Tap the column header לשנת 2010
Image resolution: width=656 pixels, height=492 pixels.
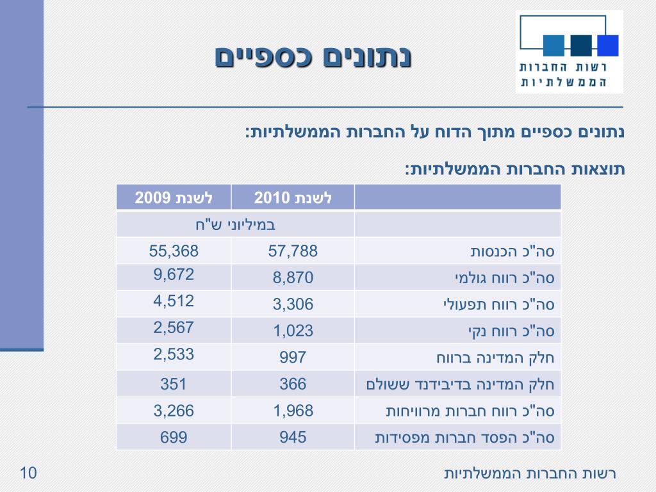293,197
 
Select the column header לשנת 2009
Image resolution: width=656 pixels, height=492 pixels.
174,197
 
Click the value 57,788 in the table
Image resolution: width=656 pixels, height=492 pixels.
293,251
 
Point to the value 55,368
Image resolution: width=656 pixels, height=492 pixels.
174,251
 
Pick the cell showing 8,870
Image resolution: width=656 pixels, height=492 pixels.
293,278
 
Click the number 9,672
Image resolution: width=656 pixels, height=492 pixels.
174,275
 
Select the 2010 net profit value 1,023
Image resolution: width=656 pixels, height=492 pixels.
293,331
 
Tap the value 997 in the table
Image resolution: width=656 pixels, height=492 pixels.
293,357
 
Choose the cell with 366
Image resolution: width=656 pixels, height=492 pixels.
293,384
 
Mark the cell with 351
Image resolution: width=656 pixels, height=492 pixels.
174,384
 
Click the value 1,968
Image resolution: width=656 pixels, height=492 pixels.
293,411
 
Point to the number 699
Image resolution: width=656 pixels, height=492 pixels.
174,438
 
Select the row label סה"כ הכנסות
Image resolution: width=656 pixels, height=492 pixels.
512,251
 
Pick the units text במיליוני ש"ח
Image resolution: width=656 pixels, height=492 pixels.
235,225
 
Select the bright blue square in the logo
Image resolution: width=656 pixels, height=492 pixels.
607,45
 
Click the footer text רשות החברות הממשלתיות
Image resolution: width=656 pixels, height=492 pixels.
530,474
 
